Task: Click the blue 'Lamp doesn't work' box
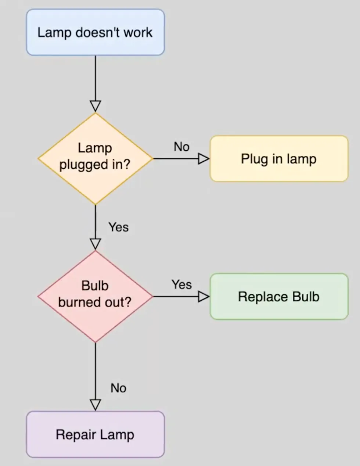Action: [x=95, y=32]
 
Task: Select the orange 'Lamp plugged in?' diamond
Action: [x=95, y=158]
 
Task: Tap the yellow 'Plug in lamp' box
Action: [x=279, y=159]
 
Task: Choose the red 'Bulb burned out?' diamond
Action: [x=95, y=296]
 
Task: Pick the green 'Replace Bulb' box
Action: [x=279, y=297]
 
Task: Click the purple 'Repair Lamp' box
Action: [x=95, y=434]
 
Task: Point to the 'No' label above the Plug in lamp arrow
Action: [x=181, y=147]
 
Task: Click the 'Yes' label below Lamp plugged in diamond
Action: [x=118, y=227]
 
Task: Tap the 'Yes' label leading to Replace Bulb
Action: [x=181, y=284]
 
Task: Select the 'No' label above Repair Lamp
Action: [x=118, y=388]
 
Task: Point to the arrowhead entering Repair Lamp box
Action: [x=96, y=405]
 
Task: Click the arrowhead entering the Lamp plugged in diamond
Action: [x=96, y=106]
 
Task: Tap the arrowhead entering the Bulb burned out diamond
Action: [x=96, y=244]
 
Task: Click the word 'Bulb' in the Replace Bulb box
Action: [x=306, y=297]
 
